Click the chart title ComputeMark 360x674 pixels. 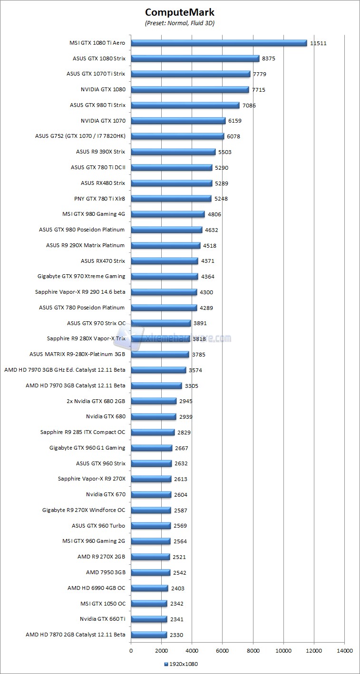click(180, 12)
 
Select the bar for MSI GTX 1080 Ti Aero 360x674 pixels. click(219, 43)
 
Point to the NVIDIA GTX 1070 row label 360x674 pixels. click(103, 121)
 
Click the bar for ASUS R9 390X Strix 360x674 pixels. click(173, 152)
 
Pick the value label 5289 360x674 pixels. click(221, 183)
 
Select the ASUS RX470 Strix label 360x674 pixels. click(103, 261)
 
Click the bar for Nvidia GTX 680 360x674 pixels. click(153, 417)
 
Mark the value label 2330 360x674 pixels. click(176, 635)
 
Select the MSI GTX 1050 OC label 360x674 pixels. click(103, 604)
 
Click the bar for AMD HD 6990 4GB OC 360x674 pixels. click(149, 588)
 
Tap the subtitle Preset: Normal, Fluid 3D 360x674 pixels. click(180, 23)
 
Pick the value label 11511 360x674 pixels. click(318, 43)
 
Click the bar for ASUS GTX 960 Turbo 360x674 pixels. click(151, 526)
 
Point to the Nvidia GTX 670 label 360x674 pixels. click(106, 495)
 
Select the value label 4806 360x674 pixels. click(214, 214)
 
